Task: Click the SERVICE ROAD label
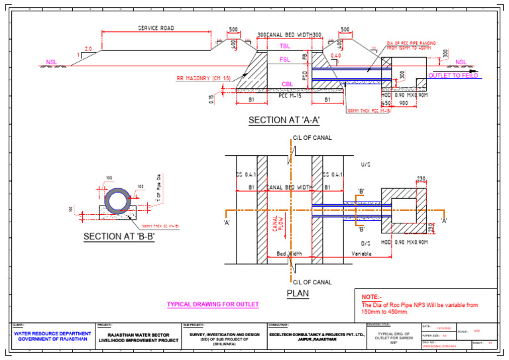(x=156, y=29)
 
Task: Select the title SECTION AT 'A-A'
(x=284, y=121)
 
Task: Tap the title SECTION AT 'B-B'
(x=119, y=237)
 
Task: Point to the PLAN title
(x=298, y=292)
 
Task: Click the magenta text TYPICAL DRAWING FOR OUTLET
(x=212, y=305)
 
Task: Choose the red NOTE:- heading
(x=372, y=296)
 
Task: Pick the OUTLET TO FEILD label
(x=454, y=76)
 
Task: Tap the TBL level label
(x=284, y=46)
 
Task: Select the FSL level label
(x=284, y=60)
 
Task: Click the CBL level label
(x=287, y=84)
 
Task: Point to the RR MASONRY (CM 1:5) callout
(x=203, y=78)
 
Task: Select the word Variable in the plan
(x=362, y=253)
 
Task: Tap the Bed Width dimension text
(x=290, y=253)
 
